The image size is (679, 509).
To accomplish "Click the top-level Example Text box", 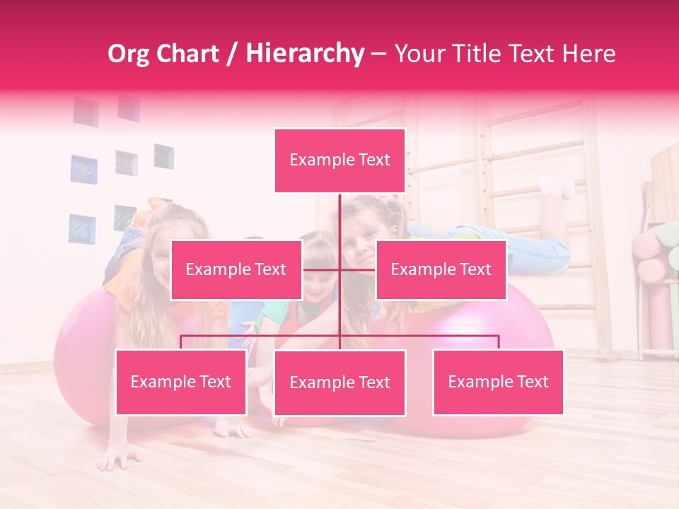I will (x=339, y=160).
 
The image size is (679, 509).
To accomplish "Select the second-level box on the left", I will (x=236, y=269).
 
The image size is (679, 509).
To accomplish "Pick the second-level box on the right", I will (x=441, y=269).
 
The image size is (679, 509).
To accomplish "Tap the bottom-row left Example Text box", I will (x=181, y=382).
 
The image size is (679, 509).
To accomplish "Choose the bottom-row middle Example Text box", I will (x=339, y=382).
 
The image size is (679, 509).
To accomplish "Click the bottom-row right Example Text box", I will (x=498, y=382).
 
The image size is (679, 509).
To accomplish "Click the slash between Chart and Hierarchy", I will (x=233, y=54).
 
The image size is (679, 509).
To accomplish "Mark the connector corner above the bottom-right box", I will (x=498, y=337).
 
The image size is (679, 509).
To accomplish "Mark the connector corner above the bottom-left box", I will (x=181, y=337).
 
